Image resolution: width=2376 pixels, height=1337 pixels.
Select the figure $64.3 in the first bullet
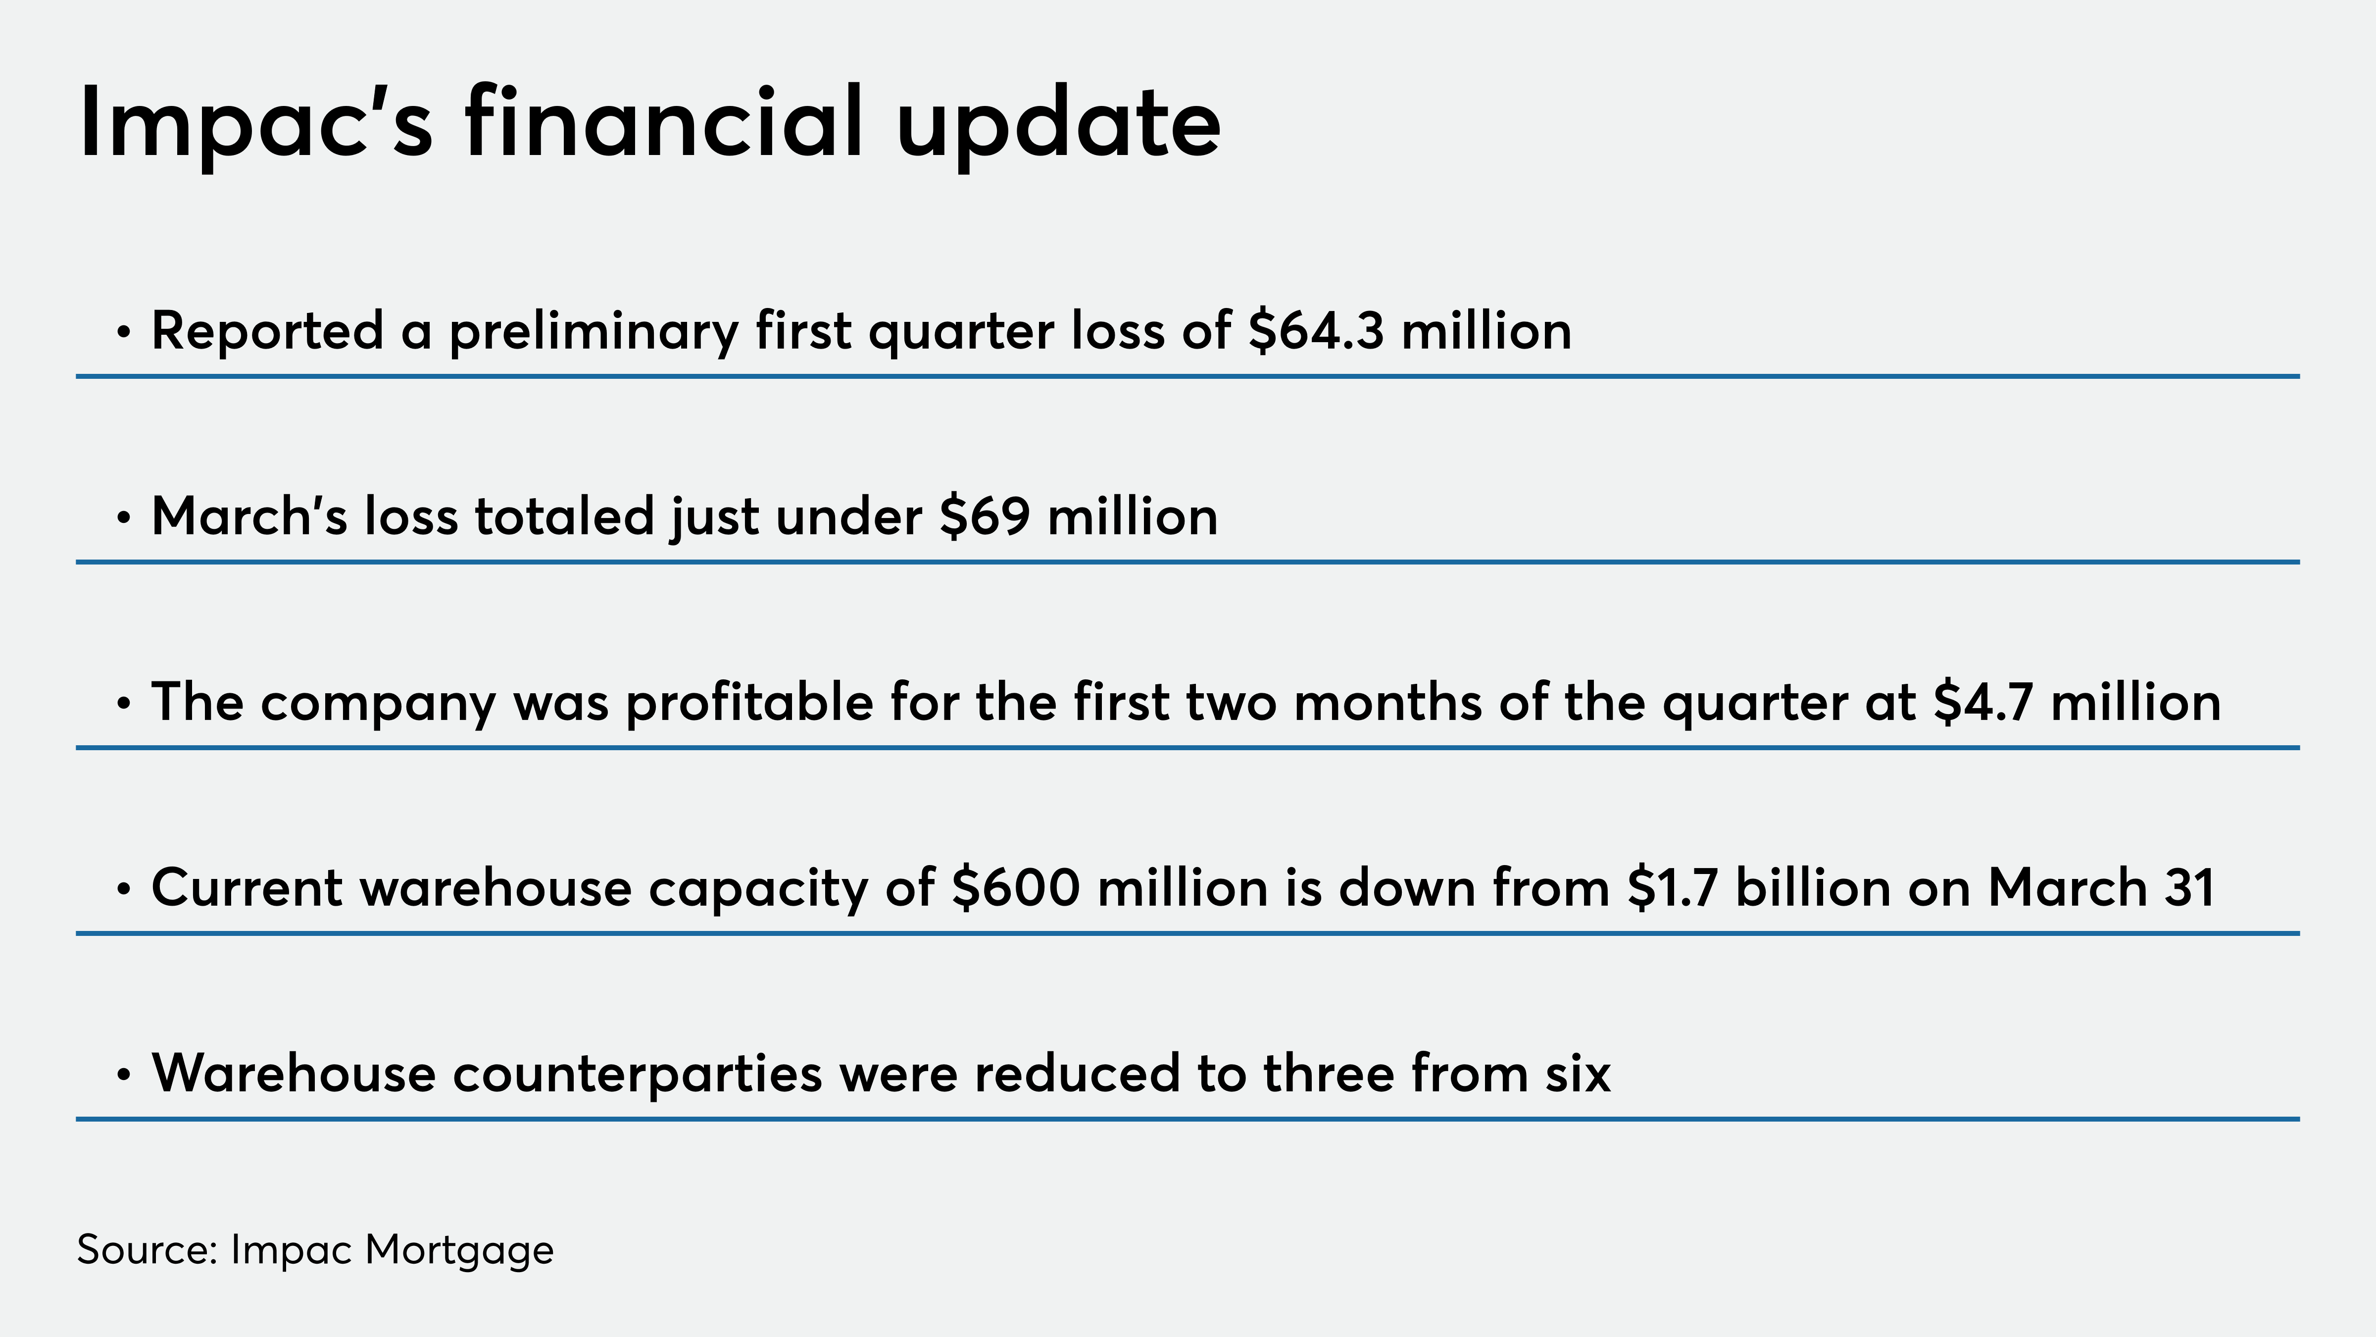tap(1316, 330)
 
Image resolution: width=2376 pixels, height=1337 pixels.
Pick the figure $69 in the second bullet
tap(984, 516)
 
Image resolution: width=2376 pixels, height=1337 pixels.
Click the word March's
tap(249, 516)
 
